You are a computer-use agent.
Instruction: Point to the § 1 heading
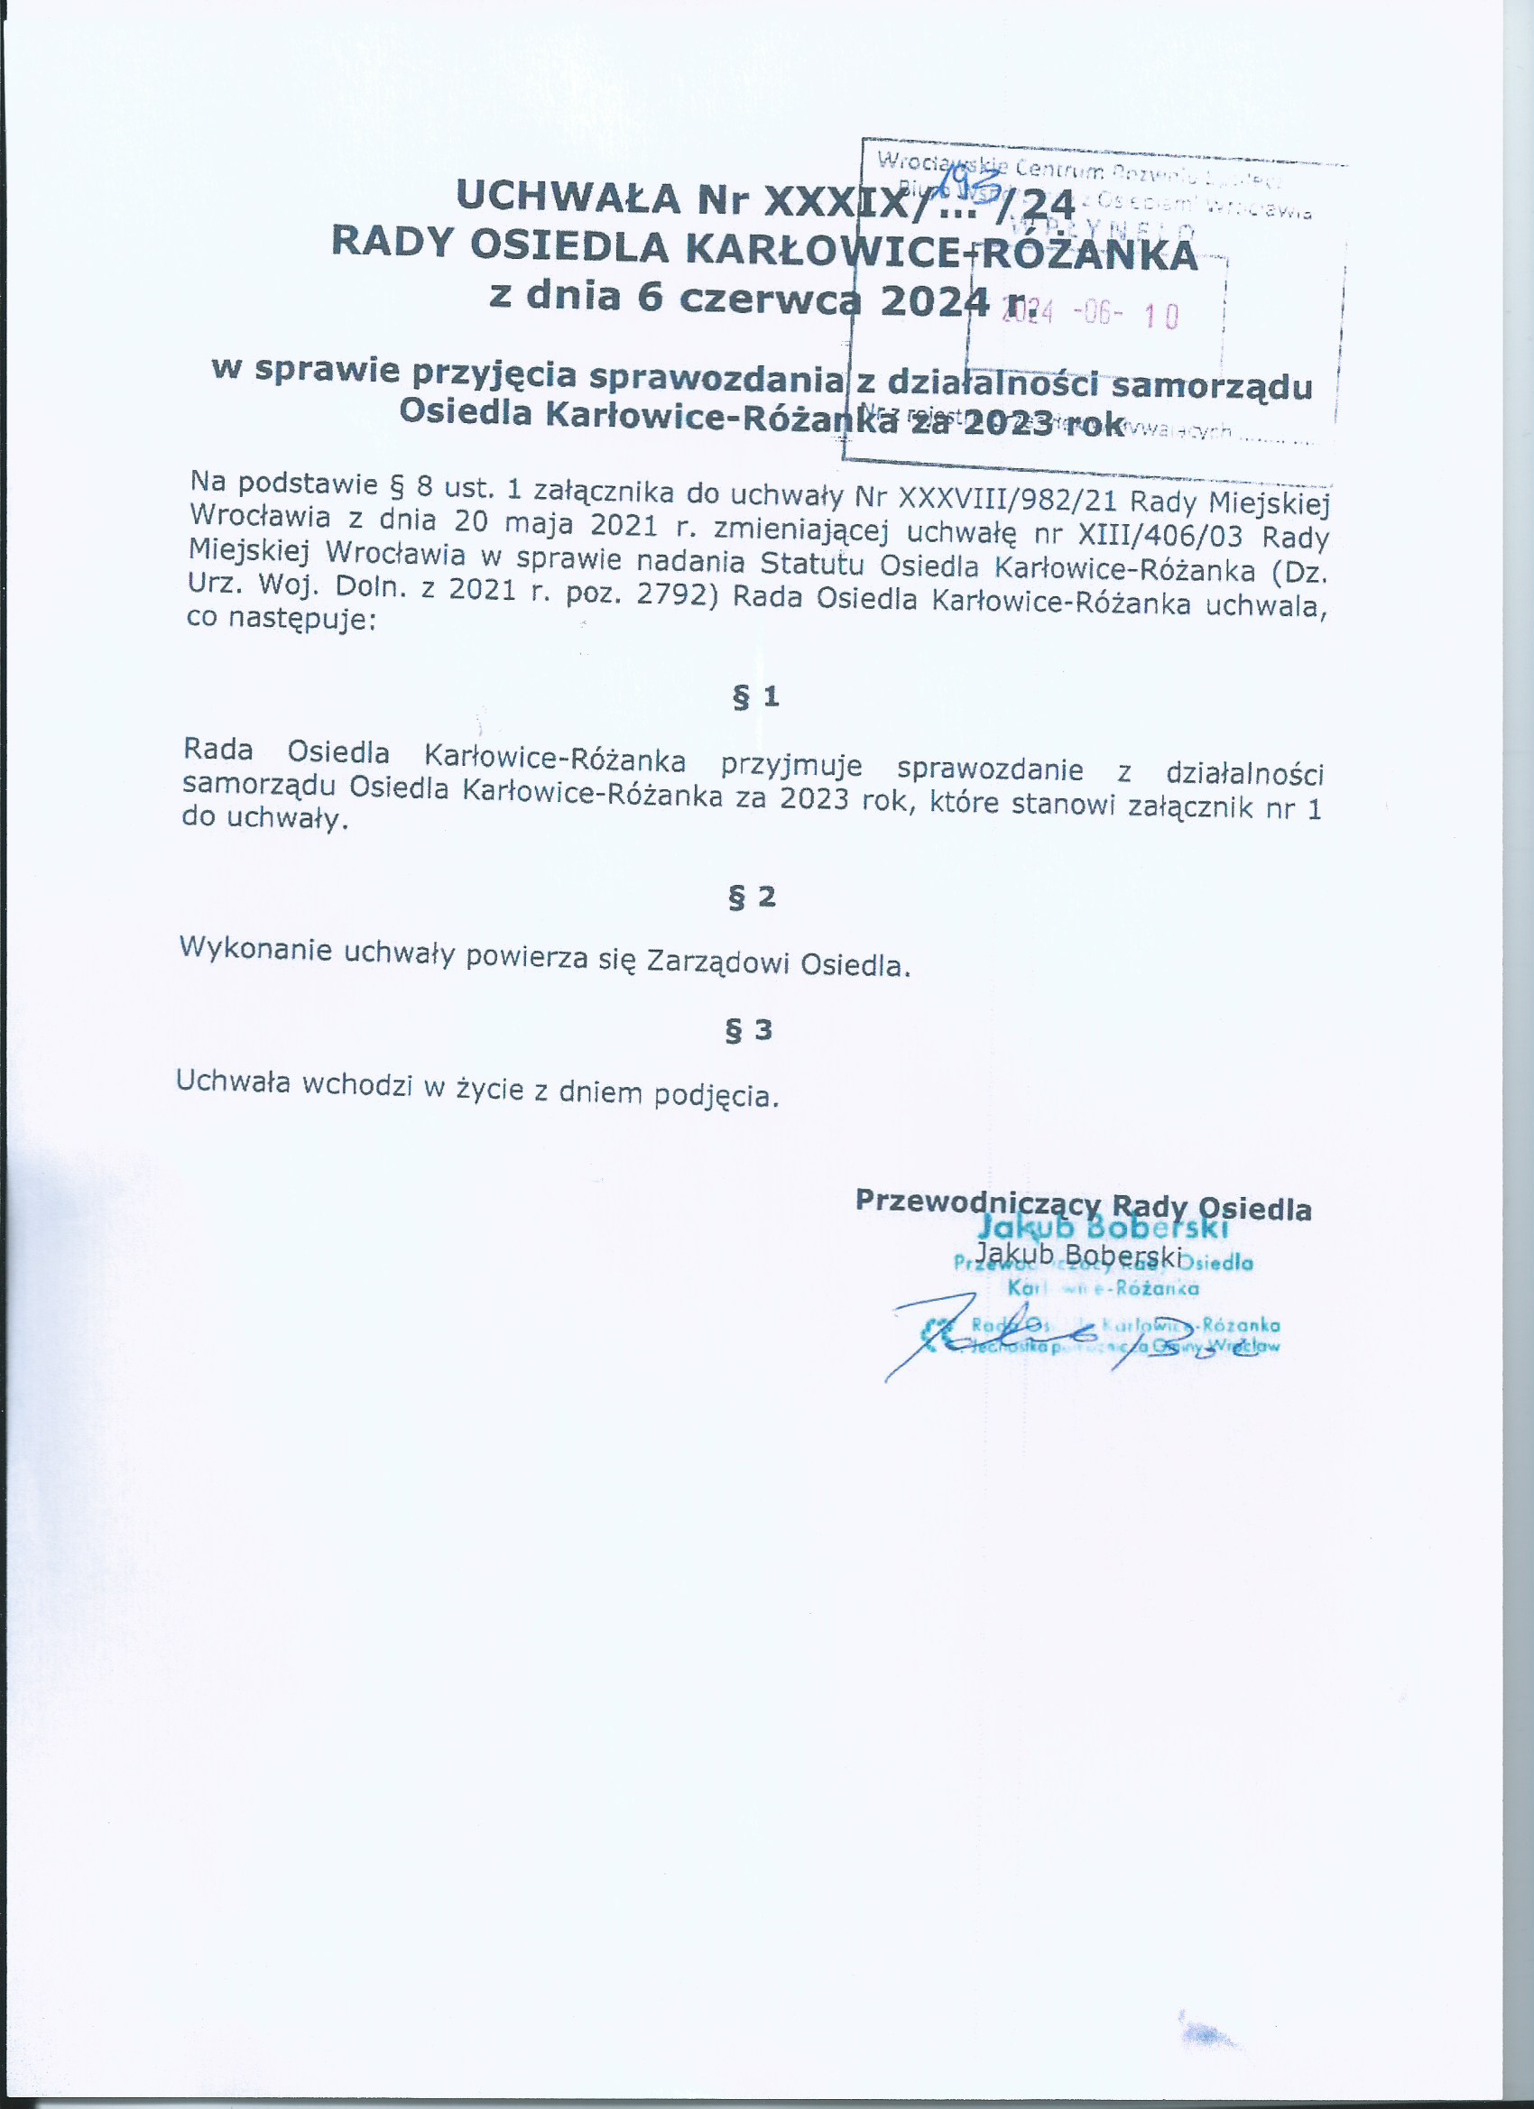(x=755, y=696)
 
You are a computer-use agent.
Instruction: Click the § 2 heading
(x=752, y=897)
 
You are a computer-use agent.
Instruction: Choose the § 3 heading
(x=749, y=1029)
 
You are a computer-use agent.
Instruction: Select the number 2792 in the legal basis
(x=675, y=595)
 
